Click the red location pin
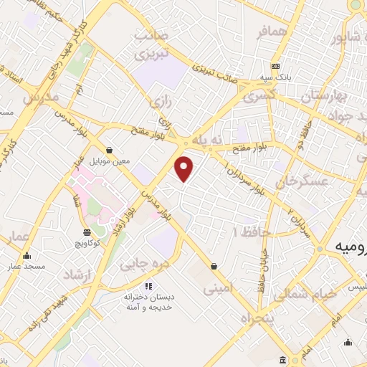click(185, 168)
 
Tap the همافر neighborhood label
click(273, 33)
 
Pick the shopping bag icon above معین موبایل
click(109, 150)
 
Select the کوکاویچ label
click(87, 244)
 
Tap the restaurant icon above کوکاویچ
click(87, 232)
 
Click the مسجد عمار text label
click(27, 267)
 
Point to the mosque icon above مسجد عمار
click(27, 256)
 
